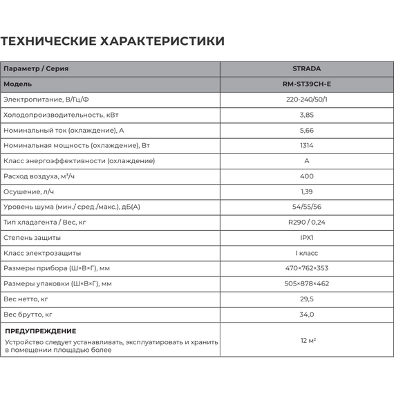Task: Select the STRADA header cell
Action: pos(307,69)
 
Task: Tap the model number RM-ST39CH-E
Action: pos(307,84)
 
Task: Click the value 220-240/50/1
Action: pos(307,100)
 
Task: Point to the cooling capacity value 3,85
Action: pos(307,115)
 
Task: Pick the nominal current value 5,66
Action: pos(307,130)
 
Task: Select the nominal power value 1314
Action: pos(307,146)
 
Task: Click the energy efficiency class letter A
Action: pos(307,161)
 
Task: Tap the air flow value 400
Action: pos(307,176)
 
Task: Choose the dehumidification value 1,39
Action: pos(307,191)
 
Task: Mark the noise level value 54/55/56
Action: pos(307,207)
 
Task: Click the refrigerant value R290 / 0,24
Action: pos(307,222)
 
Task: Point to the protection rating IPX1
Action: pos(307,238)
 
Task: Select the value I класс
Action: pos(307,253)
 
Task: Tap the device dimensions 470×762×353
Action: pos(307,268)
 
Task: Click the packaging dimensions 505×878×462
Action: pos(307,283)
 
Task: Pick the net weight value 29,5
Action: pos(307,299)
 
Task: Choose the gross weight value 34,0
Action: pos(307,315)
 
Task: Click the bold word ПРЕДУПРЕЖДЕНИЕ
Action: pos(41,331)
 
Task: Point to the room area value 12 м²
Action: pos(308,341)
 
